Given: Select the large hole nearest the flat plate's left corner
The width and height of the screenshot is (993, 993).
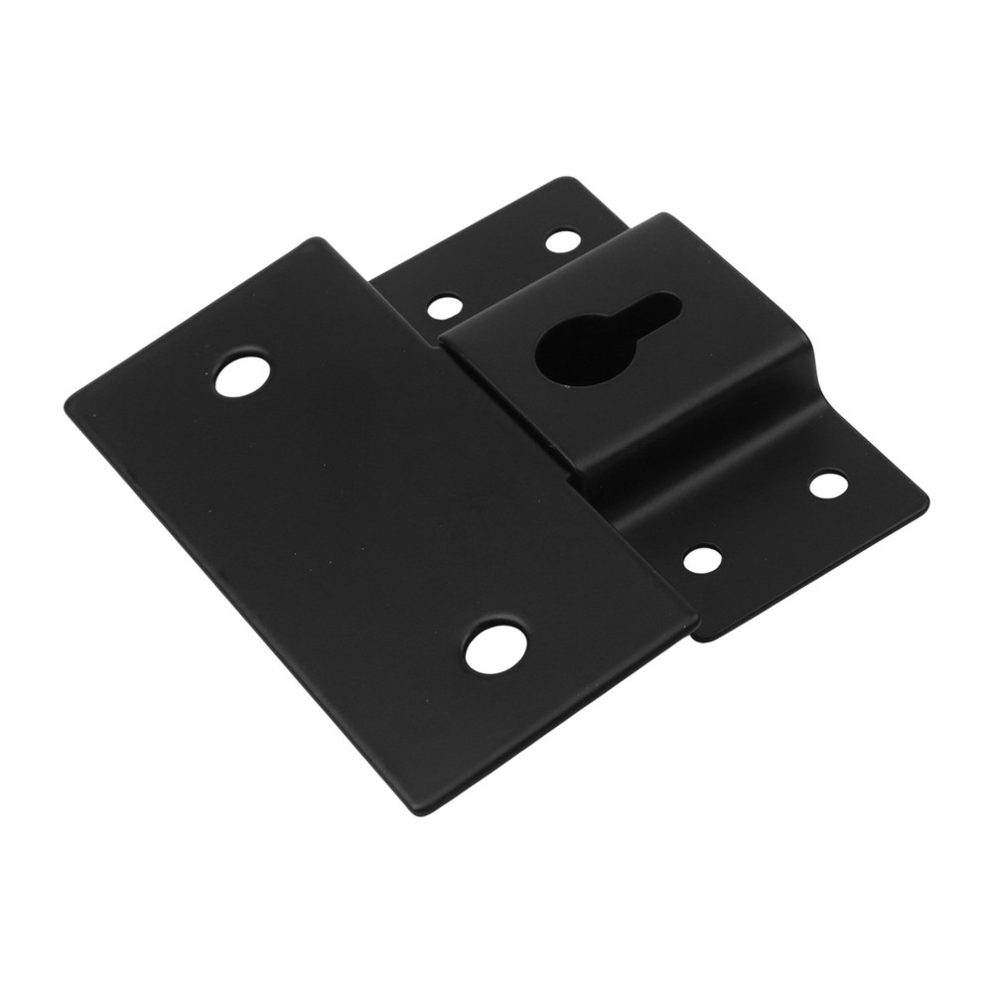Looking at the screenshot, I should tap(241, 376).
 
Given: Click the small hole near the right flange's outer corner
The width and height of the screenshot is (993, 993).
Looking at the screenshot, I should tap(827, 486).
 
